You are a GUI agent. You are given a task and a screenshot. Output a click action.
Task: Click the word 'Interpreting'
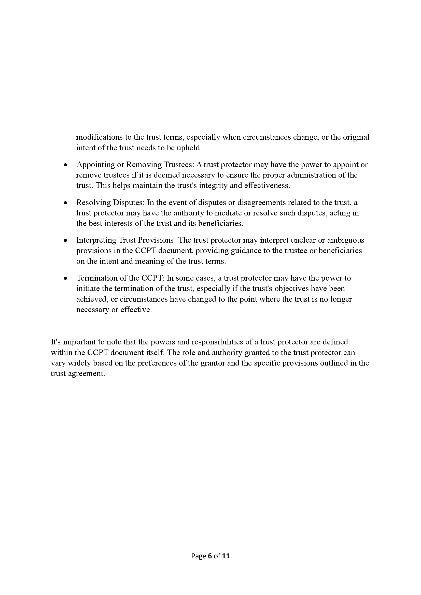(96, 240)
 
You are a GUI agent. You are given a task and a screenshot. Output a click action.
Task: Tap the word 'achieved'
(92, 299)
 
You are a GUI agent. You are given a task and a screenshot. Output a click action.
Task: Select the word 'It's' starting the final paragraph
(55, 342)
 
